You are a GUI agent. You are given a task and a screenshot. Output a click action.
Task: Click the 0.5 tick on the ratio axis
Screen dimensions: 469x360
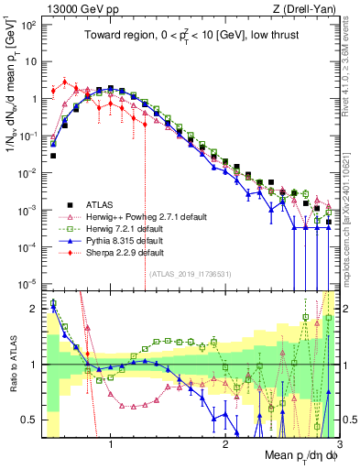coord(32,420)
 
